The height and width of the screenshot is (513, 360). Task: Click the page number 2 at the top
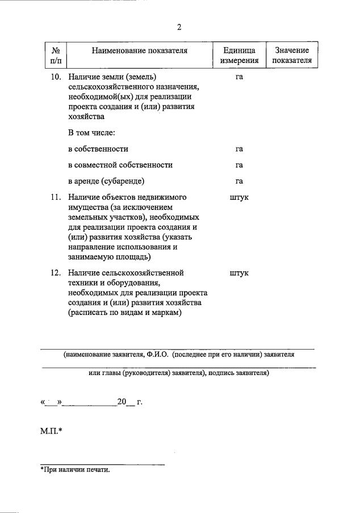179,27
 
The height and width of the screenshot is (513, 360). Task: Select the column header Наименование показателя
139,51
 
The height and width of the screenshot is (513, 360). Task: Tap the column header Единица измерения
239,56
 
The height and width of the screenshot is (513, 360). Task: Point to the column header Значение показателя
292,56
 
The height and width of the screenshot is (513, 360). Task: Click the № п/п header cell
56,56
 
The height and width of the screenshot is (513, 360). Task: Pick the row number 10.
56,76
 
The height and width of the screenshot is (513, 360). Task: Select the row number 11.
56,197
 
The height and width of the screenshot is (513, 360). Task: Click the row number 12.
56,272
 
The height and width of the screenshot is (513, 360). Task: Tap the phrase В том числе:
91,133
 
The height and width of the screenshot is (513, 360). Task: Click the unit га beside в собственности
239,149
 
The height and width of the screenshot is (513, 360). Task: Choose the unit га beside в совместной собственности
239,165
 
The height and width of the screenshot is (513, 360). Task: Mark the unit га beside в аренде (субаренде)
239,181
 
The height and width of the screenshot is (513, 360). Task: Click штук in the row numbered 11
239,197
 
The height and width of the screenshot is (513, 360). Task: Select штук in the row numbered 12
239,272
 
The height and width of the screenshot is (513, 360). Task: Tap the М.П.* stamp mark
51,432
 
